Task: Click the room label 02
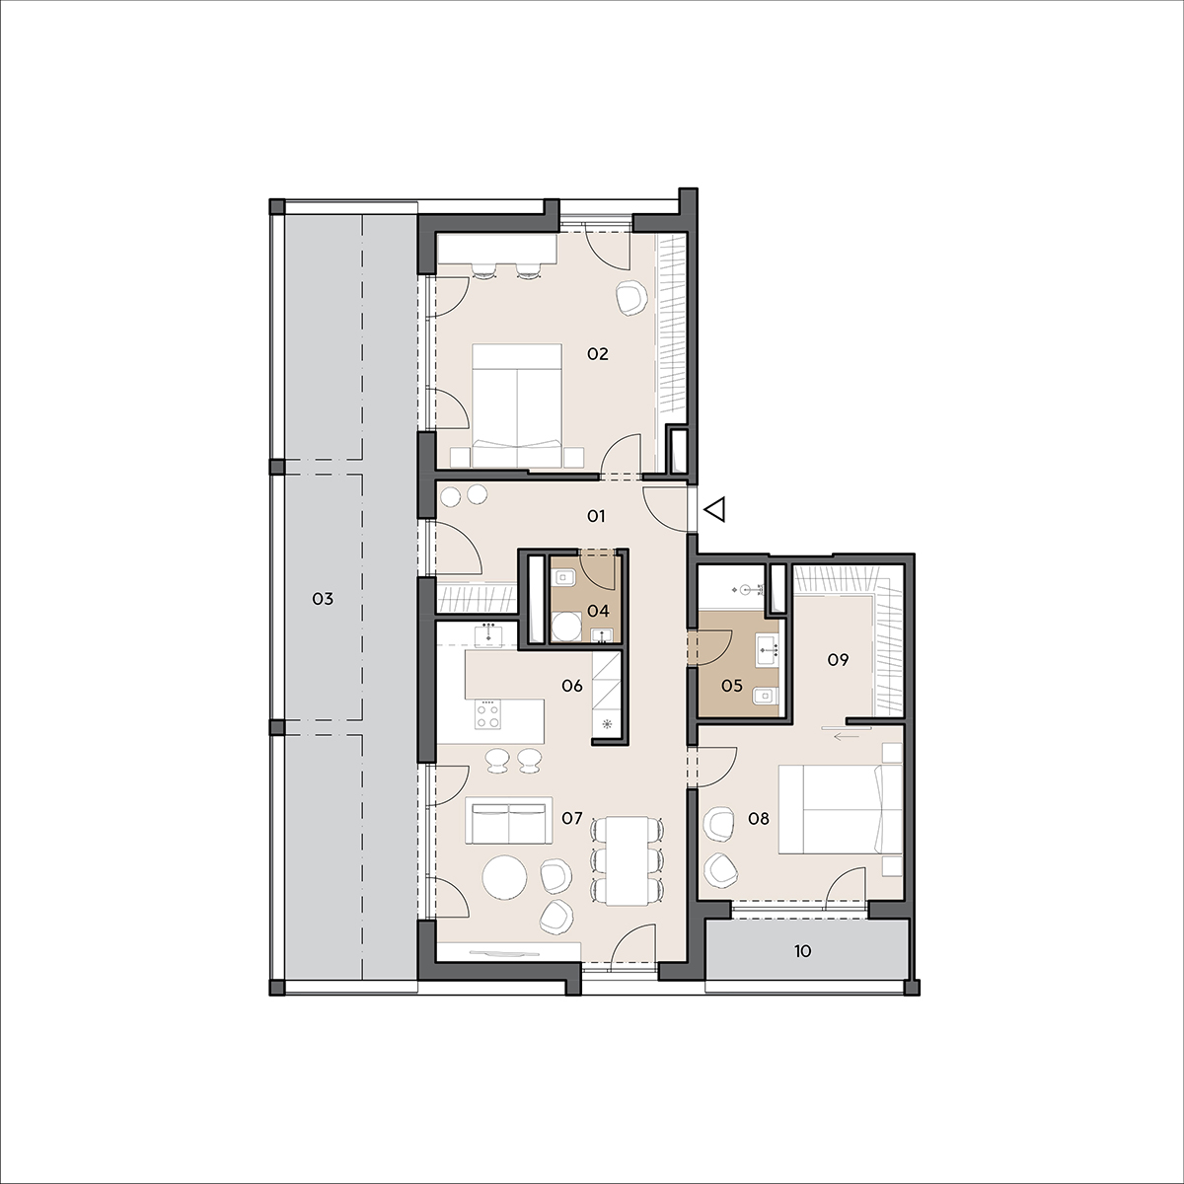(597, 354)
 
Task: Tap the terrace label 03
(323, 599)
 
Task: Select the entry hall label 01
(596, 516)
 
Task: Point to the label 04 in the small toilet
(598, 611)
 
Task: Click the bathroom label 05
(732, 686)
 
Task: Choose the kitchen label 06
(572, 686)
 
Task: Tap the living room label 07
(571, 818)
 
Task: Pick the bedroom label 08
(759, 818)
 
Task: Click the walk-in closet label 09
(838, 660)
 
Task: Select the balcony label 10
(802, 952)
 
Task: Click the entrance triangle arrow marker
(714, 509)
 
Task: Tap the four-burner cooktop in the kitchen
(487, 714)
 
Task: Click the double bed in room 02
(517, 406)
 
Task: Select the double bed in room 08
(839, 809)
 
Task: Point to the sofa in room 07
(509, 820)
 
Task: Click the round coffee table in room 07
(504, 877)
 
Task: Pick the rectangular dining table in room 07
(627, 860)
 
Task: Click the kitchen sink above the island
(488, 634)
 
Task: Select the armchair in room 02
(631, 298)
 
